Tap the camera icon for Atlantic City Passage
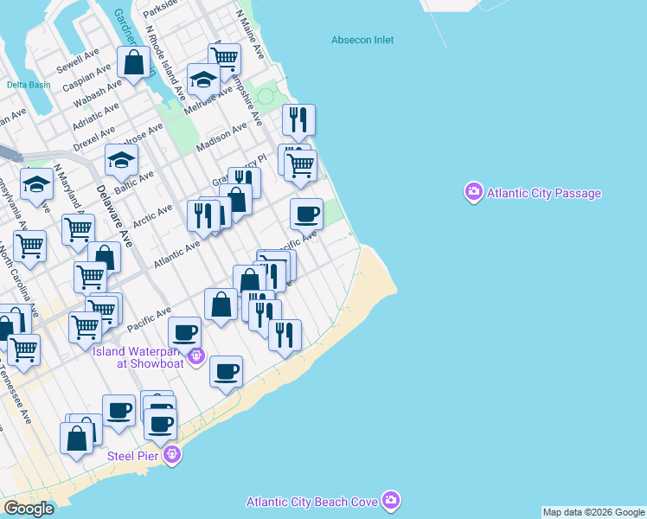click(473, 192)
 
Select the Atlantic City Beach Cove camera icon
click(391, 501)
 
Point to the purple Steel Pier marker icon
click(173, 453)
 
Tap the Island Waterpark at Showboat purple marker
click(197, 354)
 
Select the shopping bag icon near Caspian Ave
click(134, 62)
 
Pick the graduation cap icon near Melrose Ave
click(203, 80)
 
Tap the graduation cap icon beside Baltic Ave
click(122, 160)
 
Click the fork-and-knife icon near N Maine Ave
click(298, 119)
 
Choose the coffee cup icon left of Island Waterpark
click(184, 332)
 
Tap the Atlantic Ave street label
click(176, 253)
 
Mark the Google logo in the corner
click(29, 508)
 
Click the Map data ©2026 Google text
click(593, 512)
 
